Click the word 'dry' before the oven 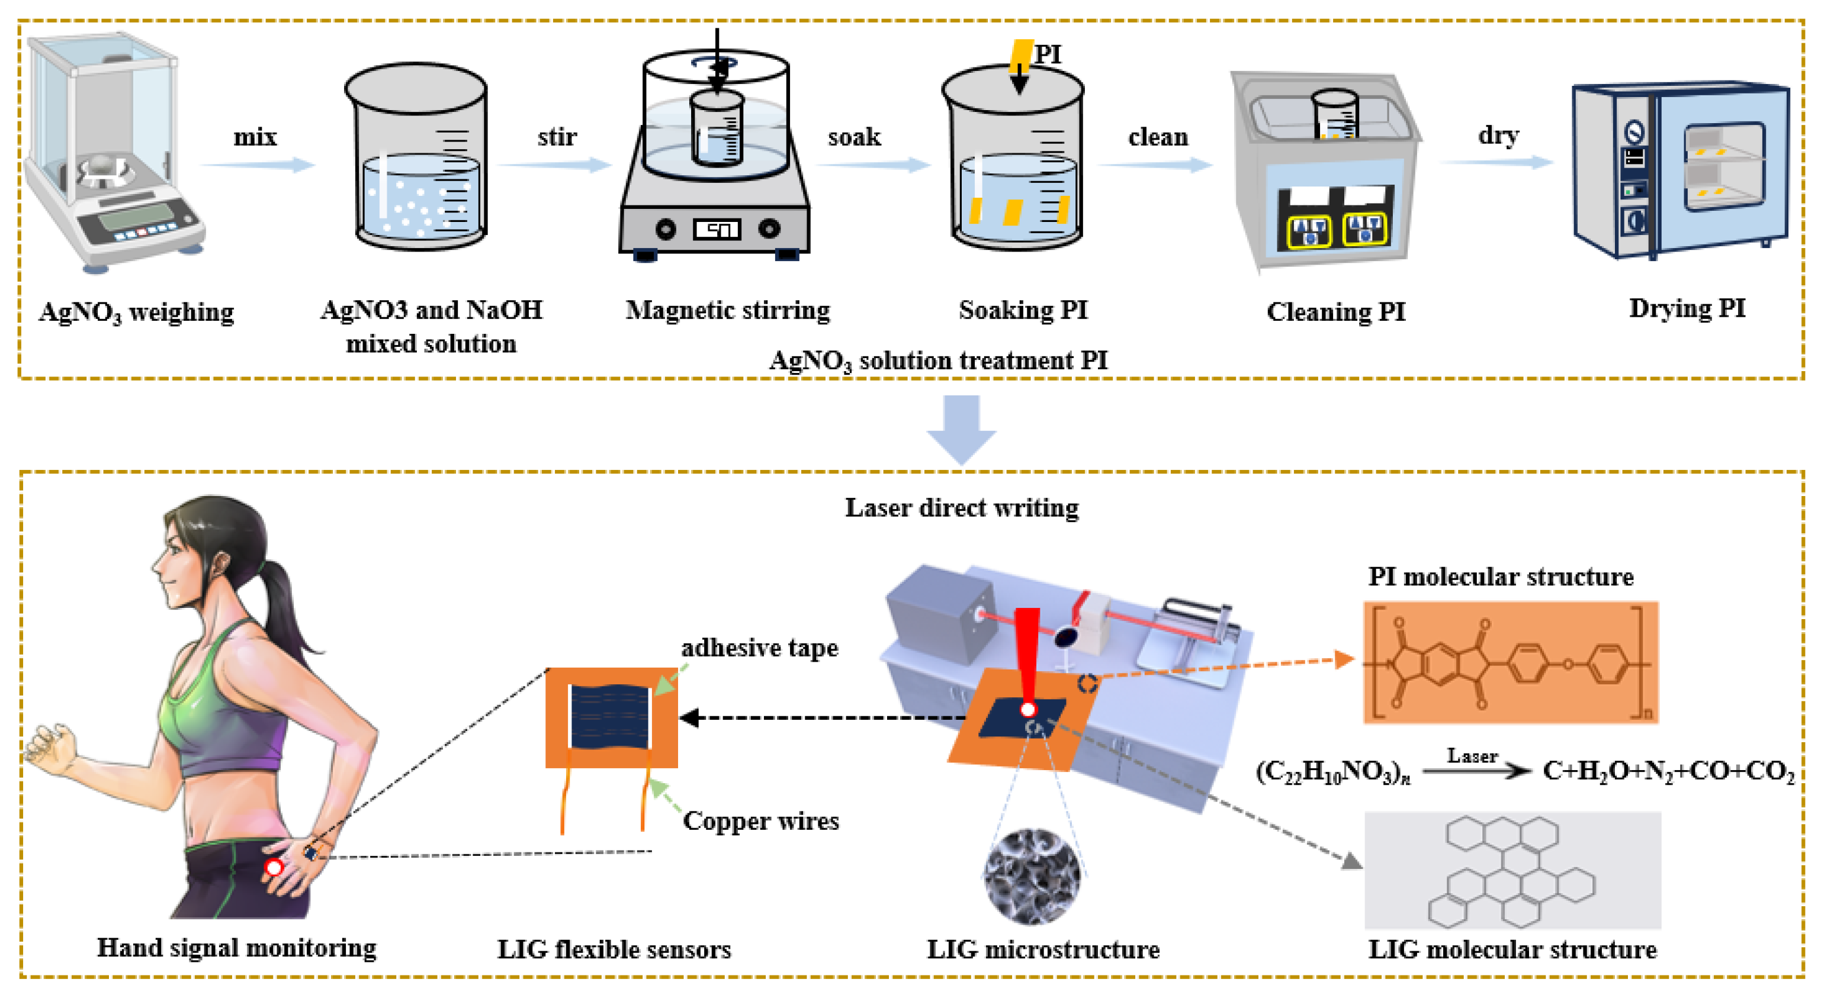(1498, 134)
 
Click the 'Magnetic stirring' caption (727, 310)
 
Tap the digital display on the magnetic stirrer (717, 229)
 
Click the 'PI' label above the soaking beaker (1047, 54)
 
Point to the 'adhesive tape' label (759, 648)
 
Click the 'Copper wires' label (760, 820)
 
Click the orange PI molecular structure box (1510, 662)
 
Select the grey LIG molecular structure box (1511, 870)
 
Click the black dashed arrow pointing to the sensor (820, 718)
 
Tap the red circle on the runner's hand (274, 867)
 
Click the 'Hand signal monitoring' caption (236, 948)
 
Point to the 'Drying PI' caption (1687, 308)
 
